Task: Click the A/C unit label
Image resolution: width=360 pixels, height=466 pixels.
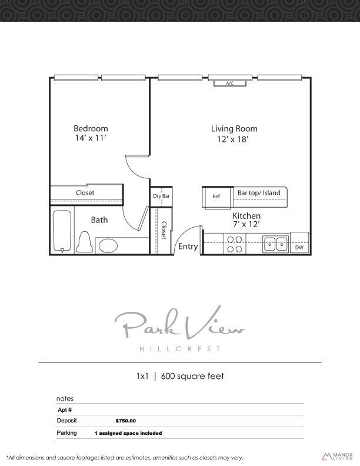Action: click(x=230, y=84)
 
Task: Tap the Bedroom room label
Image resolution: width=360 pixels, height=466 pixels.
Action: click(x=91, y=128)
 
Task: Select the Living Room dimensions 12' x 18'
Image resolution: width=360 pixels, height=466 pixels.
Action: click(x=234, y=139)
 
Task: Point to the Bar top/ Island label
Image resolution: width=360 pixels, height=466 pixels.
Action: click(x=259, y=192)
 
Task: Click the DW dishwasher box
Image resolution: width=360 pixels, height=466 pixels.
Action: click(x=299, y=247)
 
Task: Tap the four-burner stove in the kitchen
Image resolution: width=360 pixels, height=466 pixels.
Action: click(x=235, y=244)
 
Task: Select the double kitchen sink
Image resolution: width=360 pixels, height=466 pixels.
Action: click(x=275, y=243)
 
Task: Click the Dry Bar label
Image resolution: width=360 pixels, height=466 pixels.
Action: click(x=161, y=196)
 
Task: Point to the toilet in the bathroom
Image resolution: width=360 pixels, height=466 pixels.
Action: click(x=84, y=241)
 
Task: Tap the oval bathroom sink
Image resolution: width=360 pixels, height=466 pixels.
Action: click(x=108, y=245)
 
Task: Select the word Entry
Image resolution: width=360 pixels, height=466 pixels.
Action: click(x=188, y=247)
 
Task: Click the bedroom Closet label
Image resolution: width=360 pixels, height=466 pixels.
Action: click(x=85, y=192)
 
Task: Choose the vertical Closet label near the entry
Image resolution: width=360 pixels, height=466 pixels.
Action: click(x=164, y=230)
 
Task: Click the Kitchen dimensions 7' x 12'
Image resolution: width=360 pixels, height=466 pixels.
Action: click(x=246, y=224)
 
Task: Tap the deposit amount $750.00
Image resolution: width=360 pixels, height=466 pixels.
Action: click(x=125, y=421)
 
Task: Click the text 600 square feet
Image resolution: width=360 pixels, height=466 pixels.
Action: click(x=198, y=376)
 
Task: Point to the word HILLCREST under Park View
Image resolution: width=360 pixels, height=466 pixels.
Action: click(x=180, y=349)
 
